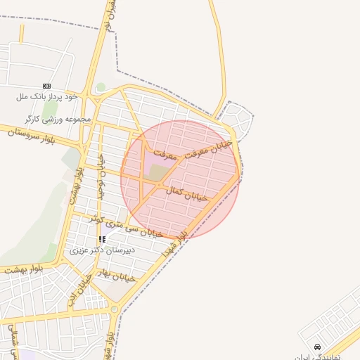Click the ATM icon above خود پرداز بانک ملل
click(47, 86)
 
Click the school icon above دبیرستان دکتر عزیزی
click(103, 239)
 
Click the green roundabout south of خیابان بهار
click(114, 309)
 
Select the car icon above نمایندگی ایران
click(318, 347)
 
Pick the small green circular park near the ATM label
click(101, 87)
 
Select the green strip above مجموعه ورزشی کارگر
click(49, 109)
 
